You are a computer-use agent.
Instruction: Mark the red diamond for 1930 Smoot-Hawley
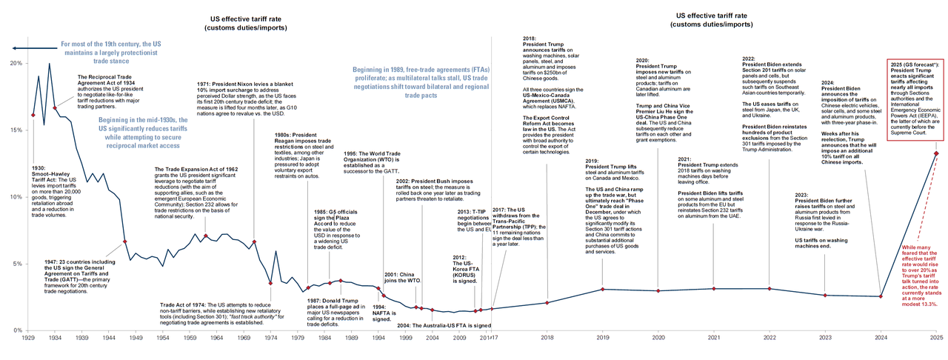(33, 116)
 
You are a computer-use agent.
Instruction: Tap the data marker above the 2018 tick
(547, 302)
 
